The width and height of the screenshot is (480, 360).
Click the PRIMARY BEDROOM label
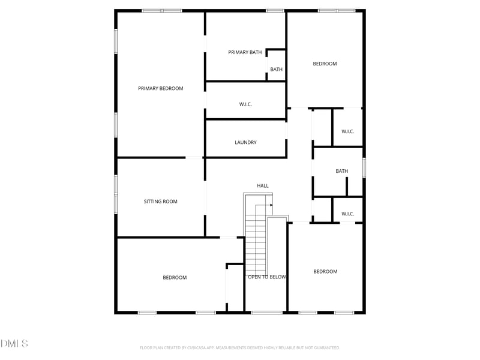coord(161,89)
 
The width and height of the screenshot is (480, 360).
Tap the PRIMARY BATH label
coord(245,53)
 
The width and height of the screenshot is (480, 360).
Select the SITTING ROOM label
coord(161,202)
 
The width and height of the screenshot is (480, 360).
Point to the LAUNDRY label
coord(245,143)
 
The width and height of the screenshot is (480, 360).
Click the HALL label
coord(263,186)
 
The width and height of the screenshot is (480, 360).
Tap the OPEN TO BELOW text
coord(267,277)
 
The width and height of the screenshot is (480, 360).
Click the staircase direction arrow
coord(270,205)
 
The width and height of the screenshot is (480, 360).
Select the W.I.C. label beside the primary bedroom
coord(245,104)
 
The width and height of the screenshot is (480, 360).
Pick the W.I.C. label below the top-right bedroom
coord(348,131)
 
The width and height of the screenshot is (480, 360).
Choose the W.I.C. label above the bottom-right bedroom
coord(348,214)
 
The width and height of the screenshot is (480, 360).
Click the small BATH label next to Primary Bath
coord(276,70)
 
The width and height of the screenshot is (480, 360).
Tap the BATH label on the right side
coord(341,172)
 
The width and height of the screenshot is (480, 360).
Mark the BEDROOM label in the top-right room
coord(325,64)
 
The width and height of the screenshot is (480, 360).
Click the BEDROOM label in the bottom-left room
coord(175,278)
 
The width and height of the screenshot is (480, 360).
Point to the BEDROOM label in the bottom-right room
coord(325,272)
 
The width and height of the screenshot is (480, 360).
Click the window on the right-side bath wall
coord(364,167)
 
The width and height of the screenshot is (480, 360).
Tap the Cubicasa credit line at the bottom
coord(240,347)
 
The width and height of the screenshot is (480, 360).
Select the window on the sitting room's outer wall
coord(116,193)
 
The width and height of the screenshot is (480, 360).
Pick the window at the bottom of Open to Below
coord(267,312)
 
